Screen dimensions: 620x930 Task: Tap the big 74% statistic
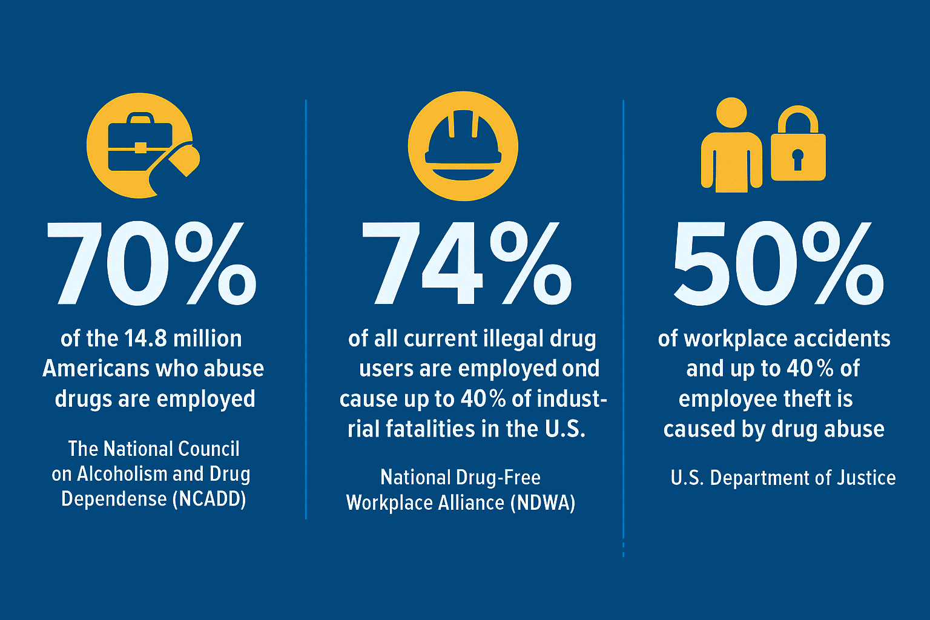coord(466,263)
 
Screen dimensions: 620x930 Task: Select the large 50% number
coord(778,263)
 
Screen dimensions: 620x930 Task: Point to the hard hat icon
coord(463,146)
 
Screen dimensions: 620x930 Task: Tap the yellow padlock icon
coord(798,145)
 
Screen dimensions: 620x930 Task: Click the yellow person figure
coord(731,148)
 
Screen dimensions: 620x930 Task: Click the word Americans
coord(95,369)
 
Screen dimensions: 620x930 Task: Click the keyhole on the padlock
coord(797,159)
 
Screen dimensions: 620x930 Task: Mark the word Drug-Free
coord(500,478)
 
